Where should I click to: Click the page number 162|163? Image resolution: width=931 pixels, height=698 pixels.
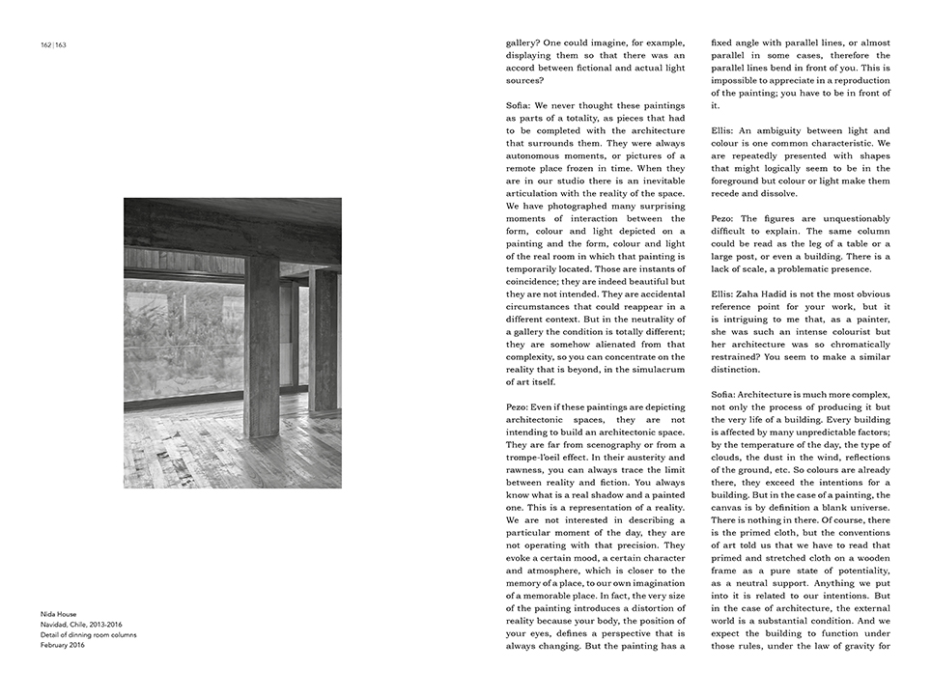tap(53, 44)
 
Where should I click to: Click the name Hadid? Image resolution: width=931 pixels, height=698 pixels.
tap(786, 293)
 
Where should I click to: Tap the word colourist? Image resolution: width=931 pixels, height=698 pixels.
tap(854, 319)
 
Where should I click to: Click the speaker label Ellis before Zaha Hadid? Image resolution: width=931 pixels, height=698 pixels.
tap(724, 293)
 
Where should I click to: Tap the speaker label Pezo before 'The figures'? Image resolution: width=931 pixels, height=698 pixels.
tap(725, 218)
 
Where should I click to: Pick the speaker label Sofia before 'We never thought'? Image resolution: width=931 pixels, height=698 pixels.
tap(522, 105)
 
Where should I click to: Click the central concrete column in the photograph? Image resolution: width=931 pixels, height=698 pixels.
tap(262, 348)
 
